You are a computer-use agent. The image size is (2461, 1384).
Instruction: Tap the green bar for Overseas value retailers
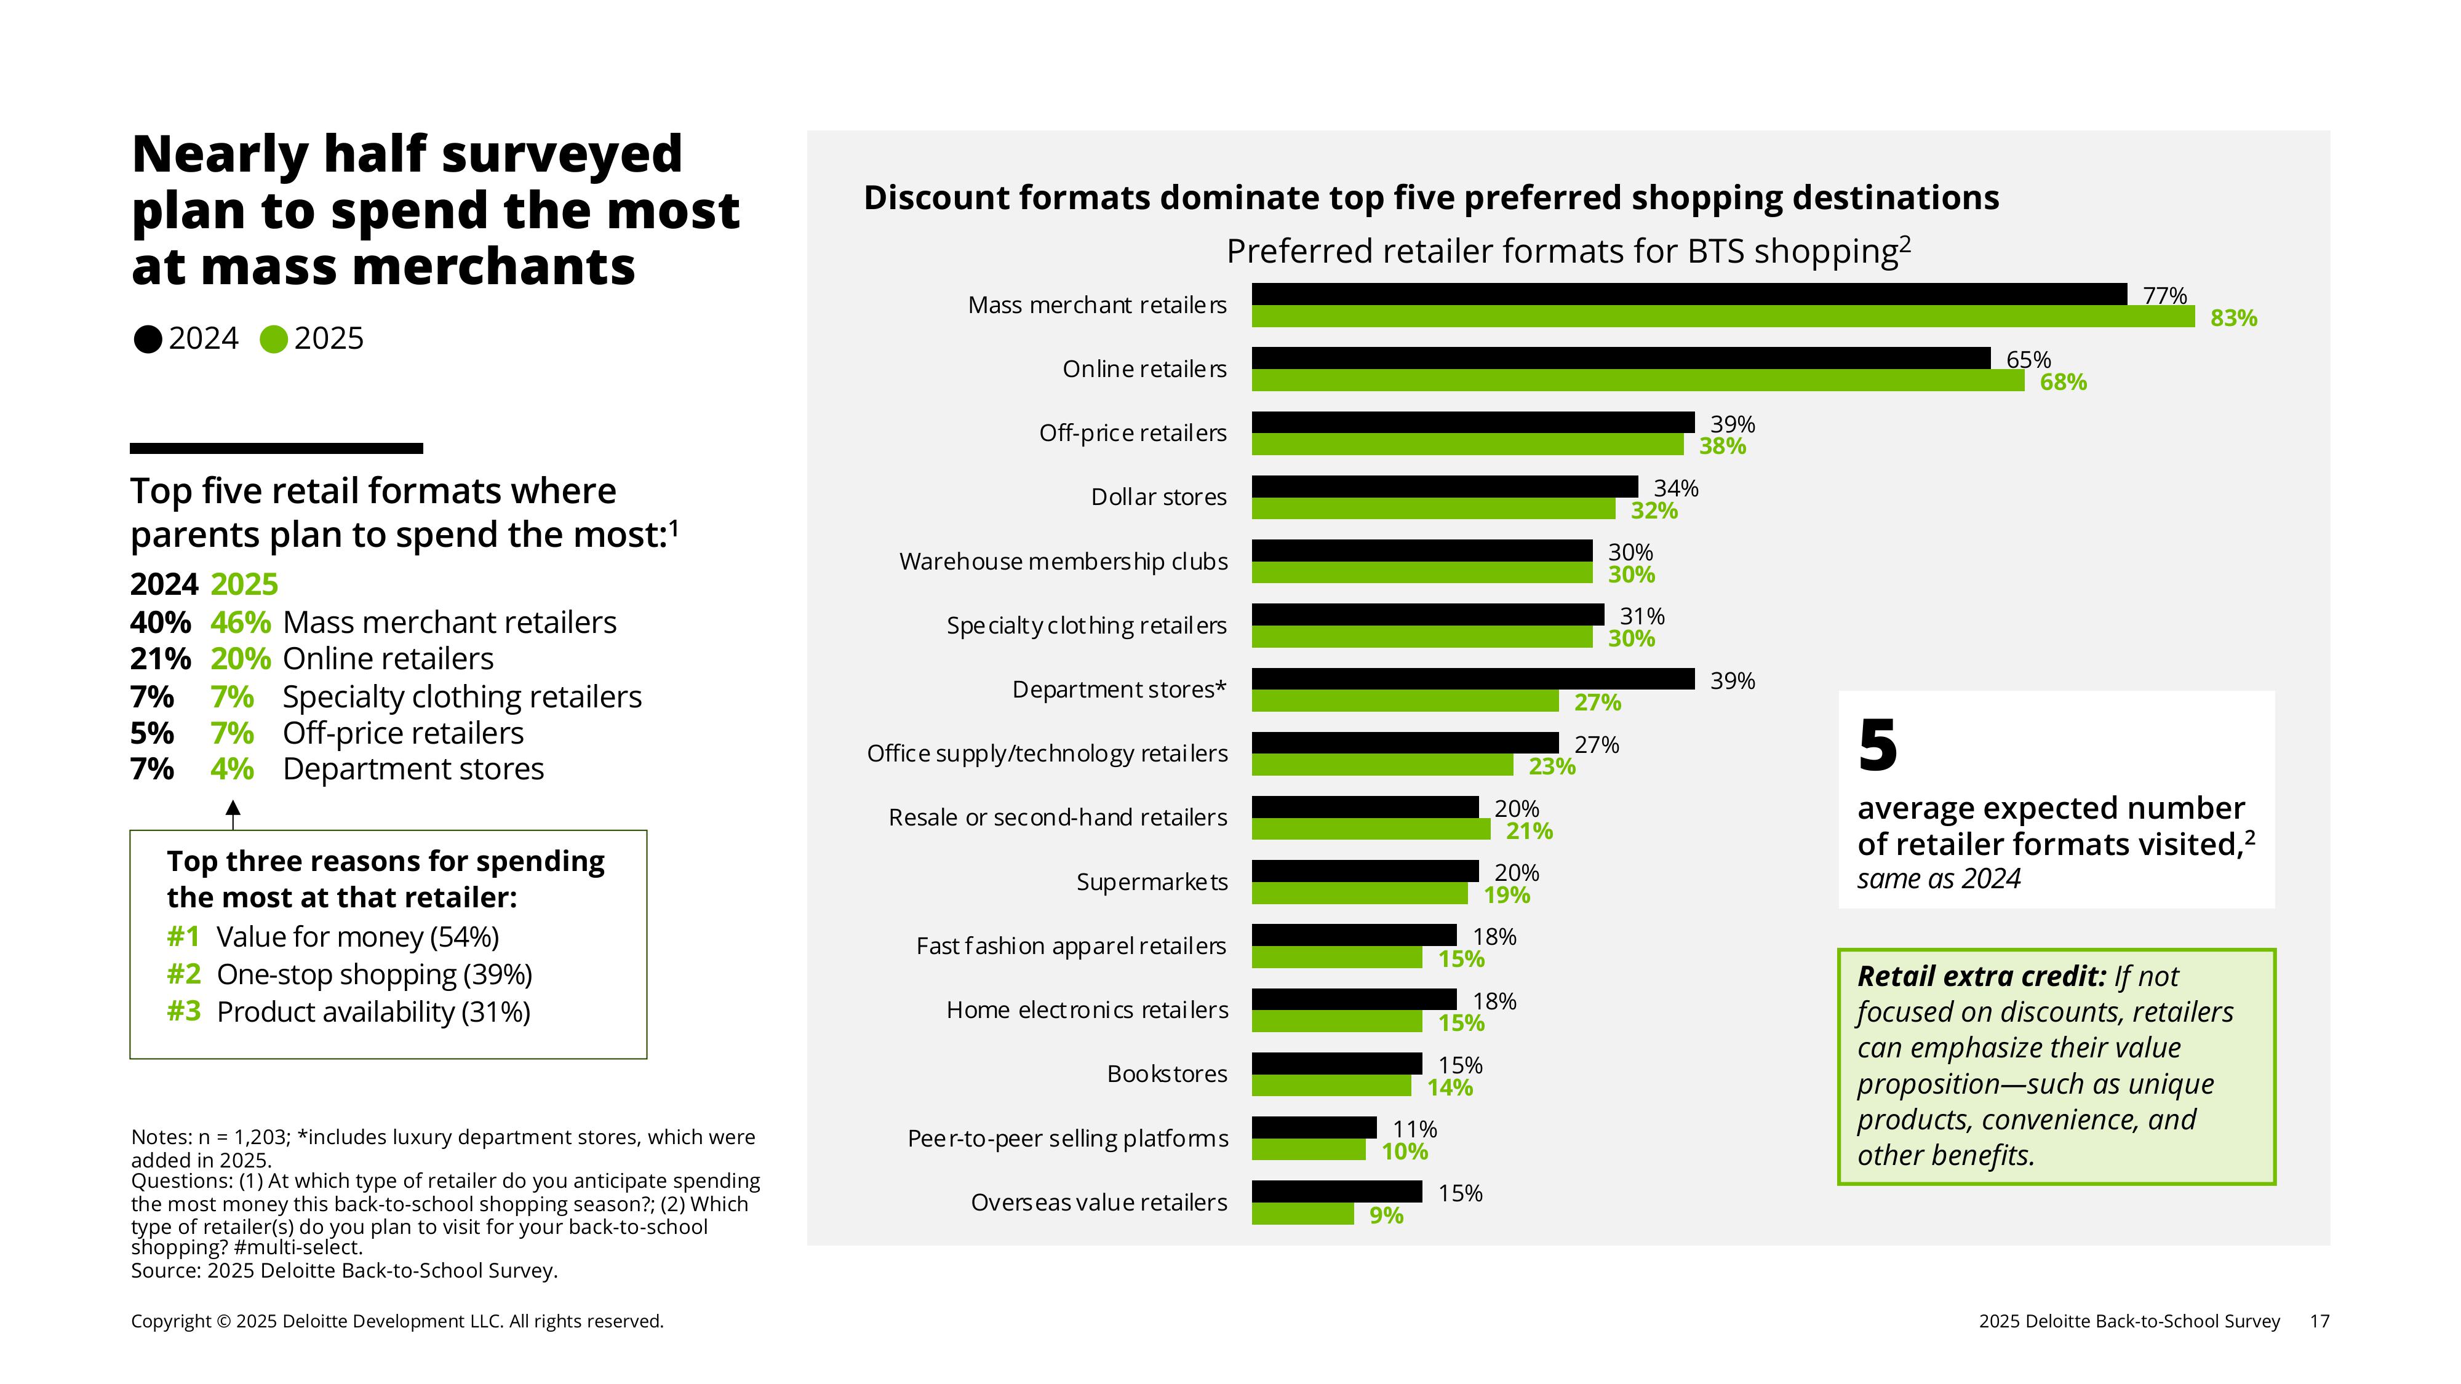[x=1302, y=1215]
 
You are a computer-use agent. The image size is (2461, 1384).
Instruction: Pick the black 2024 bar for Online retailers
[x=1621, y=358]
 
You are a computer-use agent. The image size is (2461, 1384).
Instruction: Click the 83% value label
[x=2233, y=318]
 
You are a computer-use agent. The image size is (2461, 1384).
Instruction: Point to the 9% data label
[x=1386, y=1216]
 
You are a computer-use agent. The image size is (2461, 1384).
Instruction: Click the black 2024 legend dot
[x=148, y=339]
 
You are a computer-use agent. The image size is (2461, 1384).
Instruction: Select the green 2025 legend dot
[x=273, y=339]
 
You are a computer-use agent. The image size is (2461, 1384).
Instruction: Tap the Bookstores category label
[x=1167, y=1075]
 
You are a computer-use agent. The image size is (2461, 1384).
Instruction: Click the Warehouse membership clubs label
[x=1063, y=562]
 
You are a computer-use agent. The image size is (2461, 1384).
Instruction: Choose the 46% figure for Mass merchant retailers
[x=241, y=622]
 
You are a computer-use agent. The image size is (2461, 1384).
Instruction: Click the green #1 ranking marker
[x=183, y=937]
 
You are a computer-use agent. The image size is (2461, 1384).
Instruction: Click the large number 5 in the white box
[x=1877, y=746]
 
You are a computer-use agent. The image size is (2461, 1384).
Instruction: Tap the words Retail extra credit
[x=1980, y=976]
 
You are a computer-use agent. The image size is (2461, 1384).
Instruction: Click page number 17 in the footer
[x=2319, y=1321]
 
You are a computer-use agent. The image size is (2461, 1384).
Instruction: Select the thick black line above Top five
[x=276, y=448]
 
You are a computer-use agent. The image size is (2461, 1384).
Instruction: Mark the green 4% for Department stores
[x=232, y=769]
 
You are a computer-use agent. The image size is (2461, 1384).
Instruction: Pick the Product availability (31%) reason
[x=373, y=1011]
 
